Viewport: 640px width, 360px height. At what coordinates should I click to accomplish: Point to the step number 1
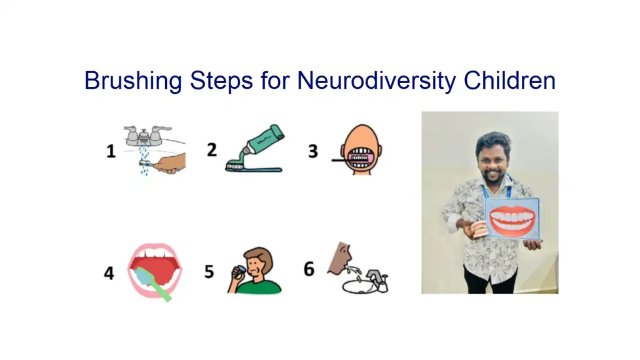[111, 151]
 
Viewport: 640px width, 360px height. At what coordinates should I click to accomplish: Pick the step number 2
[212, 150]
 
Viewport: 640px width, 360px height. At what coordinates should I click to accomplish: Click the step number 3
[312, 151]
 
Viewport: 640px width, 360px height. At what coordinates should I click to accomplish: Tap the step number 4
[109, 273]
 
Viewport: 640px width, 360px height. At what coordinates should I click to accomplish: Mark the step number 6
[309, 269]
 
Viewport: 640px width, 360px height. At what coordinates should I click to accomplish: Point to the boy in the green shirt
[257, 272]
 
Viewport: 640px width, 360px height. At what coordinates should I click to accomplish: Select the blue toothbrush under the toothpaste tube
[253, 167]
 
